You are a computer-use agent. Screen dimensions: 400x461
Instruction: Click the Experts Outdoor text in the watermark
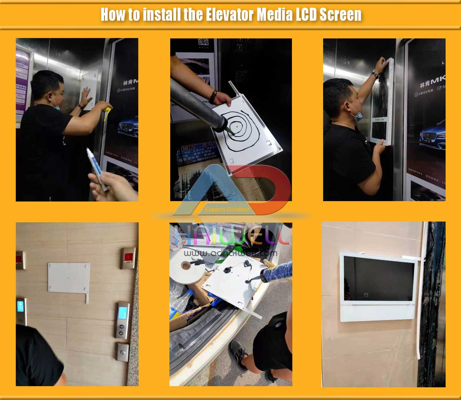tap(227, 210)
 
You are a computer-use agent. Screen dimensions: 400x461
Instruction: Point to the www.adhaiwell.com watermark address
tap(230, 253)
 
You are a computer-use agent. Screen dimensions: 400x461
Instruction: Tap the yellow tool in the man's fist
tap(106, 114)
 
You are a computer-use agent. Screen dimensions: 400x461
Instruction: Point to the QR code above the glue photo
tap(203, 43)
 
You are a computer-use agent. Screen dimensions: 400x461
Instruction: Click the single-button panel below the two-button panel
tap(123, 352)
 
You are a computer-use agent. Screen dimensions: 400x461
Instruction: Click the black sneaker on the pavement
tap(238, 354)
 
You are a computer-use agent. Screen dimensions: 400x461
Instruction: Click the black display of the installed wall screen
tap(378, 278)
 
